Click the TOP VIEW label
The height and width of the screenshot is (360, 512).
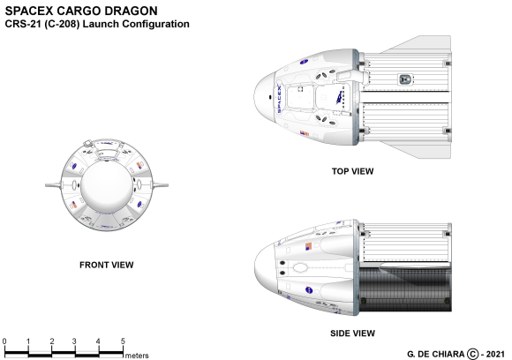point(352,171)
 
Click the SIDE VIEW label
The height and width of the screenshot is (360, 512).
point(352,334)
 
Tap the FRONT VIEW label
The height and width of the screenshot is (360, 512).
point(107,265)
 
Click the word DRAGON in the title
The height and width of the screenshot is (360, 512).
point(132,11)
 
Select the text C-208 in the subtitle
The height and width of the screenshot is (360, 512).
point(62,24)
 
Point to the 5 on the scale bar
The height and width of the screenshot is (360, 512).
point(123,341)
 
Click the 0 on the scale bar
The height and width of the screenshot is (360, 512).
point(4,341)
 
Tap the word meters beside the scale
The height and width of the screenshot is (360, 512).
point(137,356)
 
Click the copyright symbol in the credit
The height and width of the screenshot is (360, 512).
point(472,354)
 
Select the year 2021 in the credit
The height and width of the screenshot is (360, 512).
point(495,354)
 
